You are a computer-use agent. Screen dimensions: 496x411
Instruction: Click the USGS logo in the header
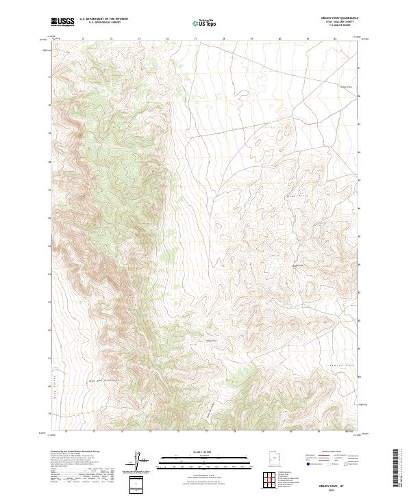(x=63, y=22)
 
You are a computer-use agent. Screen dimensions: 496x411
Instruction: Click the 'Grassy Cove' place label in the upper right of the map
(x=346, y=87)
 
